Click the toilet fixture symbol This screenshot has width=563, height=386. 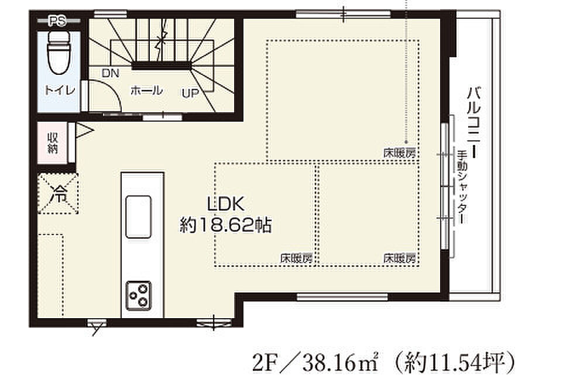click(59, 53)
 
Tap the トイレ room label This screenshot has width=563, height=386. click(60, 89)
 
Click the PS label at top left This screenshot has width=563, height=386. click(58, 22)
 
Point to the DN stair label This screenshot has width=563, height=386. click(110, 74)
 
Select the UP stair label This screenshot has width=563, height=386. click(190, 94)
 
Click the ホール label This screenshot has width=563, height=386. click(146, 90)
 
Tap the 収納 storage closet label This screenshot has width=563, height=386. click(53, 143)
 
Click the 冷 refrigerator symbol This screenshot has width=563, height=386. click(58, 194)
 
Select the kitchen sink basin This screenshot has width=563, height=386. click(138, 216)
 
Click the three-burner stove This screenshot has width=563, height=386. click(138, 295)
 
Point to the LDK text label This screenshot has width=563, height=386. click(226, 204)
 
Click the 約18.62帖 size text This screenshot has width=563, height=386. click(225, 226)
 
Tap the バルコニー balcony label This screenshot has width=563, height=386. click(475, 122)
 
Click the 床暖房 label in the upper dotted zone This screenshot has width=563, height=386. click(400, 154)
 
